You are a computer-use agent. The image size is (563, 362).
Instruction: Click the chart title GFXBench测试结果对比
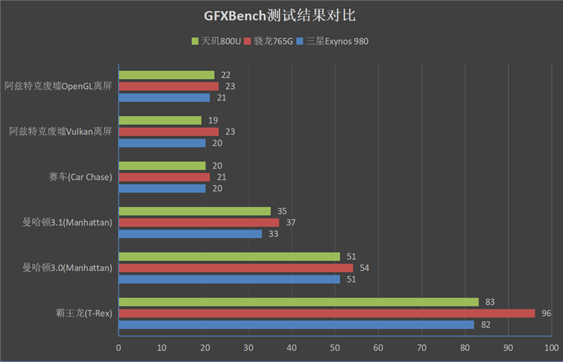[281, 15]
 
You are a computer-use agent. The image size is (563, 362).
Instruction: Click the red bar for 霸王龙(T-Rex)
[327, 313]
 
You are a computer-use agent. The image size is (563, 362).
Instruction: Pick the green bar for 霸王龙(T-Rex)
[298, 302]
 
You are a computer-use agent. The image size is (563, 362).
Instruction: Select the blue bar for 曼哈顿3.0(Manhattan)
[229, 280]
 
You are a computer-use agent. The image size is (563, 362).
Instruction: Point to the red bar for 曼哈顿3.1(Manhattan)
[198, 223]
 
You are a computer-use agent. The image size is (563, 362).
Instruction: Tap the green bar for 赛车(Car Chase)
[162, 166]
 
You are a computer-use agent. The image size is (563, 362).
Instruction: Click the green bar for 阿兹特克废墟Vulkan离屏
[160, 120]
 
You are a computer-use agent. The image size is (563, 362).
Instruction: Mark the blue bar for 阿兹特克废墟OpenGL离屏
[164, 98]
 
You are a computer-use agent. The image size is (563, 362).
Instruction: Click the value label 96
[546, 313]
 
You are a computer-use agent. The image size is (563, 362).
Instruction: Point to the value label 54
[365, 268]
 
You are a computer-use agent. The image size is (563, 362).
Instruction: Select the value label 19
[213, 120]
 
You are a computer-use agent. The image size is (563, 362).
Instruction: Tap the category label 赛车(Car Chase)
[80, 177]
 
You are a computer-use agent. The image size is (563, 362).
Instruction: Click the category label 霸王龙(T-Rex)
[84, 313]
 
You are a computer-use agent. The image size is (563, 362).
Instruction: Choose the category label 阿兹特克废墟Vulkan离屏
[61, 132]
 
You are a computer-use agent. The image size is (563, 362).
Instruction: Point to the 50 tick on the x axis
[335, 347]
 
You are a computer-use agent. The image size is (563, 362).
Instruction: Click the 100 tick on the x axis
[552, 347]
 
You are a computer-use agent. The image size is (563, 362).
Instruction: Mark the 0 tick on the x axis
[118, 347]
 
